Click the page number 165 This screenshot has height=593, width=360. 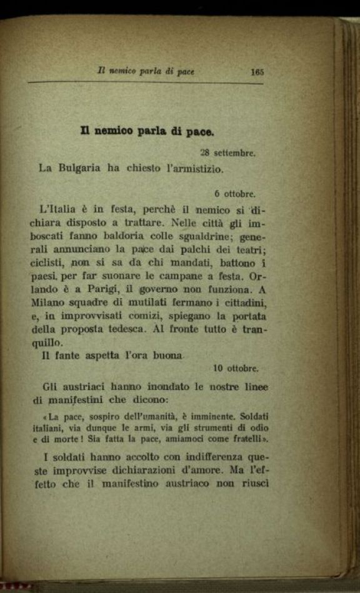click(257, 72)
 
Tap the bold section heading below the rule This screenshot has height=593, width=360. click(147, 132)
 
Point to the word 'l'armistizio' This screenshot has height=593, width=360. click(194, 167)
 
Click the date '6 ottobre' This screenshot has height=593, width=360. click(235, 194)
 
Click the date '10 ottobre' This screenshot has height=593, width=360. click(236, 368)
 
